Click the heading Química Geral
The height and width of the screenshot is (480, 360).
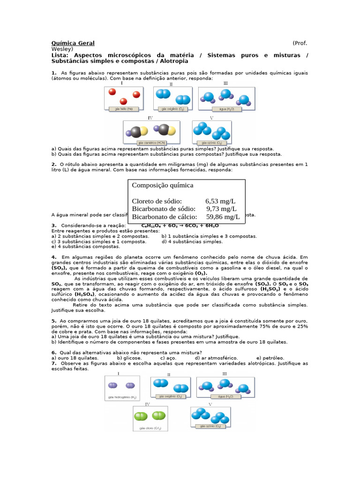pos(73,43)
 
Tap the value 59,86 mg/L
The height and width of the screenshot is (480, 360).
pos(223,217)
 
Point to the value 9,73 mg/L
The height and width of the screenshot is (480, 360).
pos(221,209)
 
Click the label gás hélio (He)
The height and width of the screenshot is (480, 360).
pos(118,108)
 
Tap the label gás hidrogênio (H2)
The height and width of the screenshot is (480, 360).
pos(121,397)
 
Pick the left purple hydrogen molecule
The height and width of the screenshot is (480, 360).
pos(113,386)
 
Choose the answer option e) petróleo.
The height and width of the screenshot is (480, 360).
pos(270,358)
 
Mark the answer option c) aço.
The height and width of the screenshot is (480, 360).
pos(168,358)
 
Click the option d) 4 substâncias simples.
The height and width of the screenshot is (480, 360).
pos(192,241)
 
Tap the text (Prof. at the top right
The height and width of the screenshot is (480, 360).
pos(300,43)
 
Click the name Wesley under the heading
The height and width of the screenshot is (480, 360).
pos(62,49)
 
